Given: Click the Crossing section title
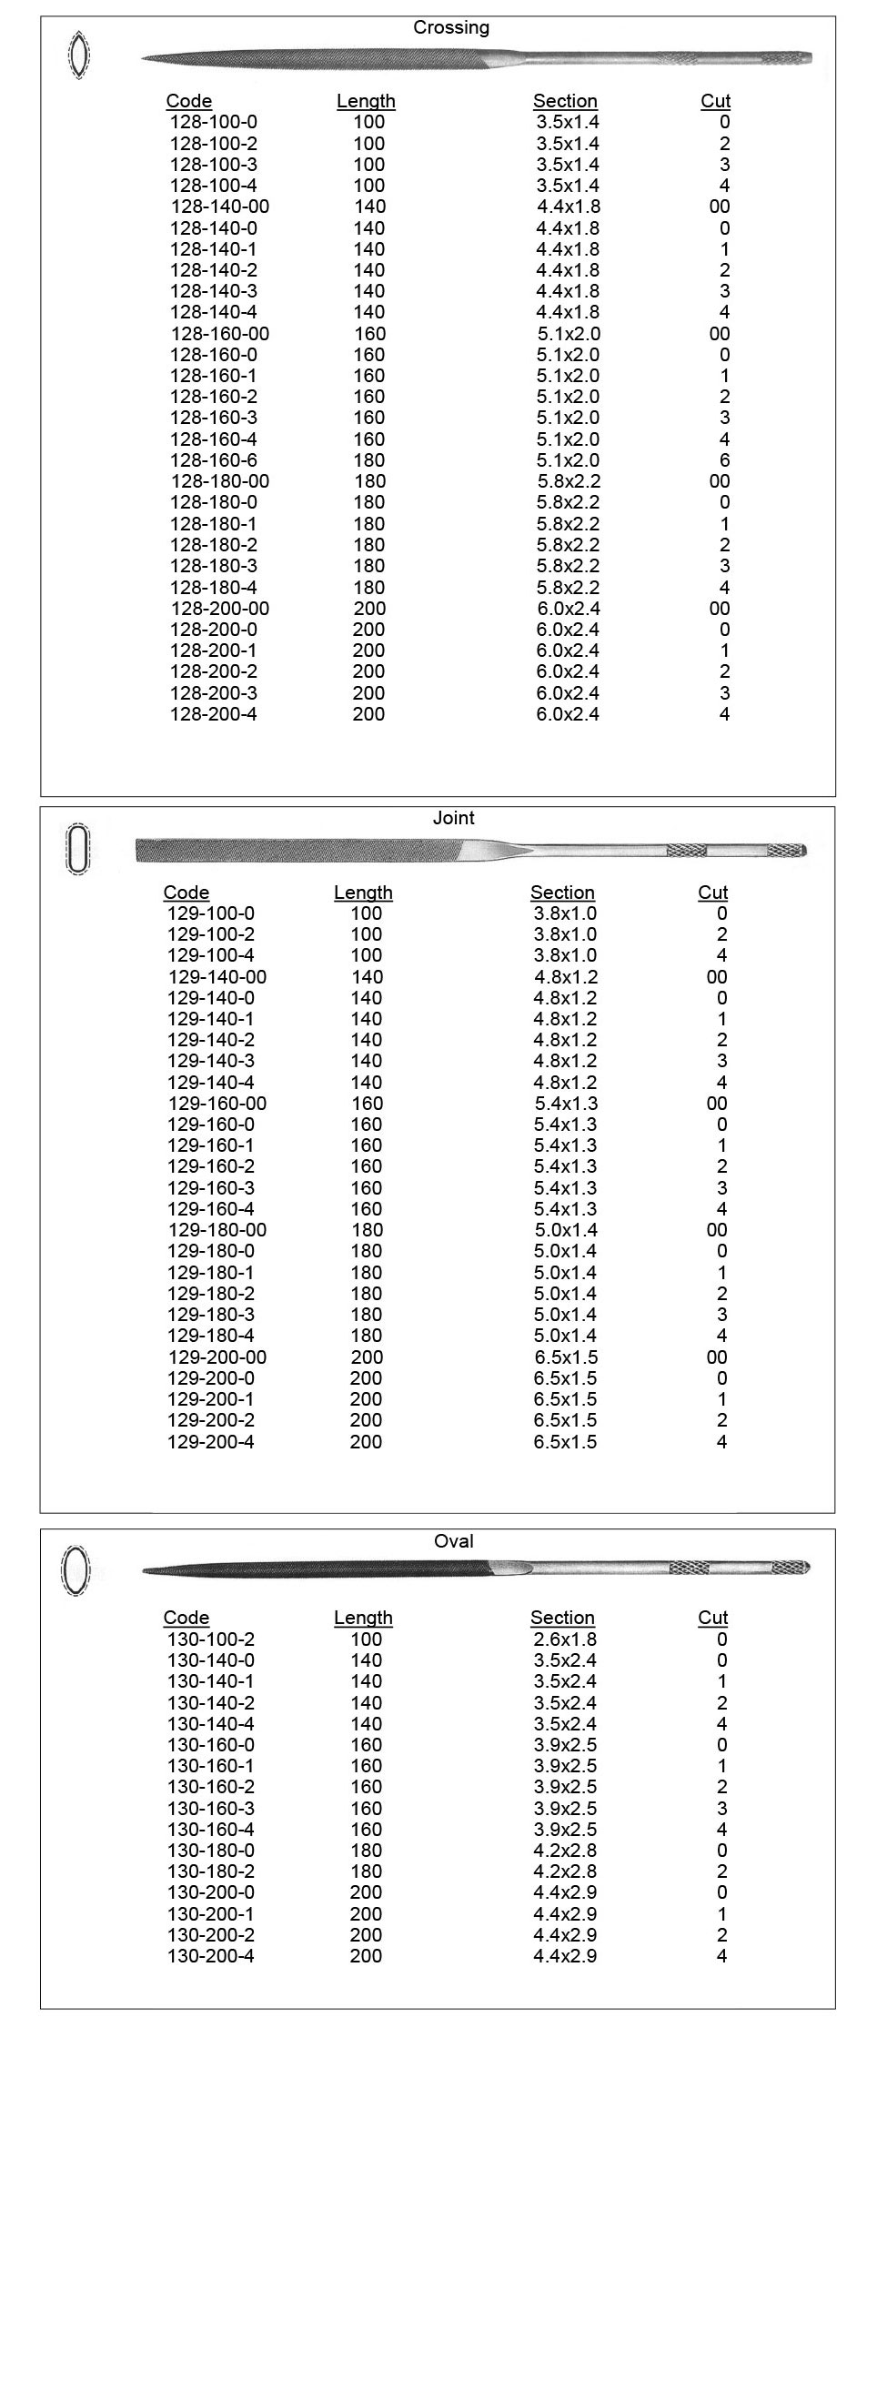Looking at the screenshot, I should coord(451,28).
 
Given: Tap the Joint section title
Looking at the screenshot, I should coord(454,818).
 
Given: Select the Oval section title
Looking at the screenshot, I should coord(454,1541).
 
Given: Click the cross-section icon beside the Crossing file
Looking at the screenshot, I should coord(79,55).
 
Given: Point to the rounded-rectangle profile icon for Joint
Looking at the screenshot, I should coord(78,848).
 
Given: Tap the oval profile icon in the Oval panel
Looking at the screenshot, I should coord(76,1570).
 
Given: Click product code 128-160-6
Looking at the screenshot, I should coord(214,460).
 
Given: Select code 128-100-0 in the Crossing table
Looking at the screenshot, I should coord(214,122).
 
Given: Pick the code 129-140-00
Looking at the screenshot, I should coord(217,977).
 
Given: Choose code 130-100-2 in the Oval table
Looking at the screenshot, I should coord(210,1639).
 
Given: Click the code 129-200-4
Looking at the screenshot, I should coord(210,1442).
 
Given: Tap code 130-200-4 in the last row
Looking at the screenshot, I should coord(210,1955).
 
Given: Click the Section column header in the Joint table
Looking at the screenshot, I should coord(562,893).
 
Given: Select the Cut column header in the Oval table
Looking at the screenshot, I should coord(712,1618).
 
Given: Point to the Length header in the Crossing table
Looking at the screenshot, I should coord(366,102).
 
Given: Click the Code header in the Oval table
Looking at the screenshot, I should coord(186,1618).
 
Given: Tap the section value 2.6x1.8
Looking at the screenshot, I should coord(565,1639).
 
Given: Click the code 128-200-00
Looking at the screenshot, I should coord(220,609).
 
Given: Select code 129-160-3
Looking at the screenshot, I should coord(210,1188).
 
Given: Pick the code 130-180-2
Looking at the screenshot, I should coord(210,1871).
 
